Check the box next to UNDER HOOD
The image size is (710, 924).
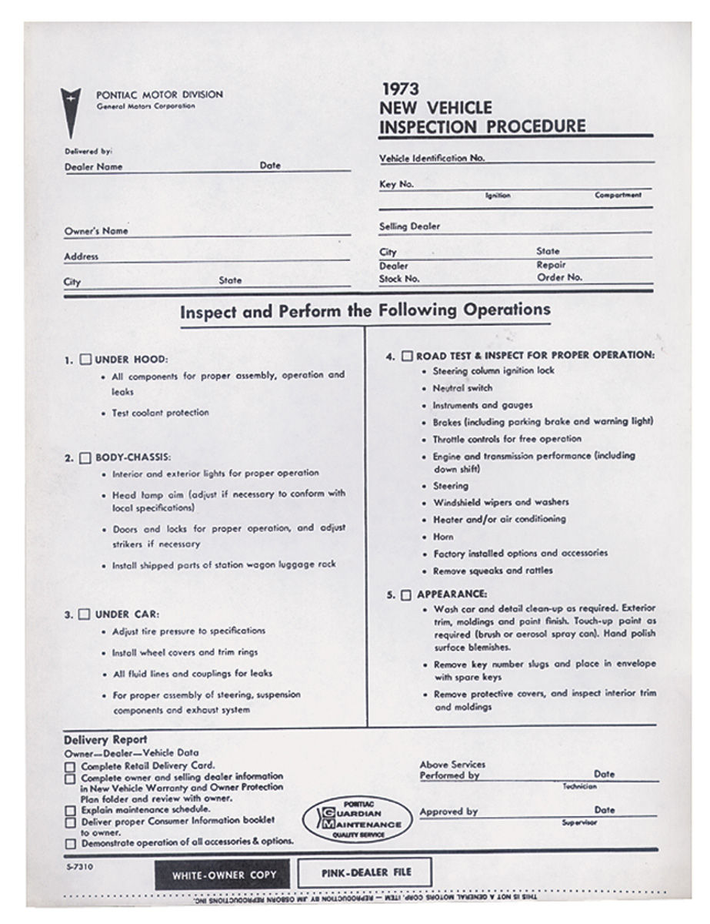pos(86,359)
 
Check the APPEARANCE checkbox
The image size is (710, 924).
pos(406,594)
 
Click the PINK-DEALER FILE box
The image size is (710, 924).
pos(364,872)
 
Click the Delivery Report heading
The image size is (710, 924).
pos(105,740)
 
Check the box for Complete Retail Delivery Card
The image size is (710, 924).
pos(70,767)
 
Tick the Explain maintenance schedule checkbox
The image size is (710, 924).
pos(70,811)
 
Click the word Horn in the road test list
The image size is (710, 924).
pos(443,537)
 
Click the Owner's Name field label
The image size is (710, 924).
pos(96,231)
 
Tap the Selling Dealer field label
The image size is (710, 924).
pos(410,227)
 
